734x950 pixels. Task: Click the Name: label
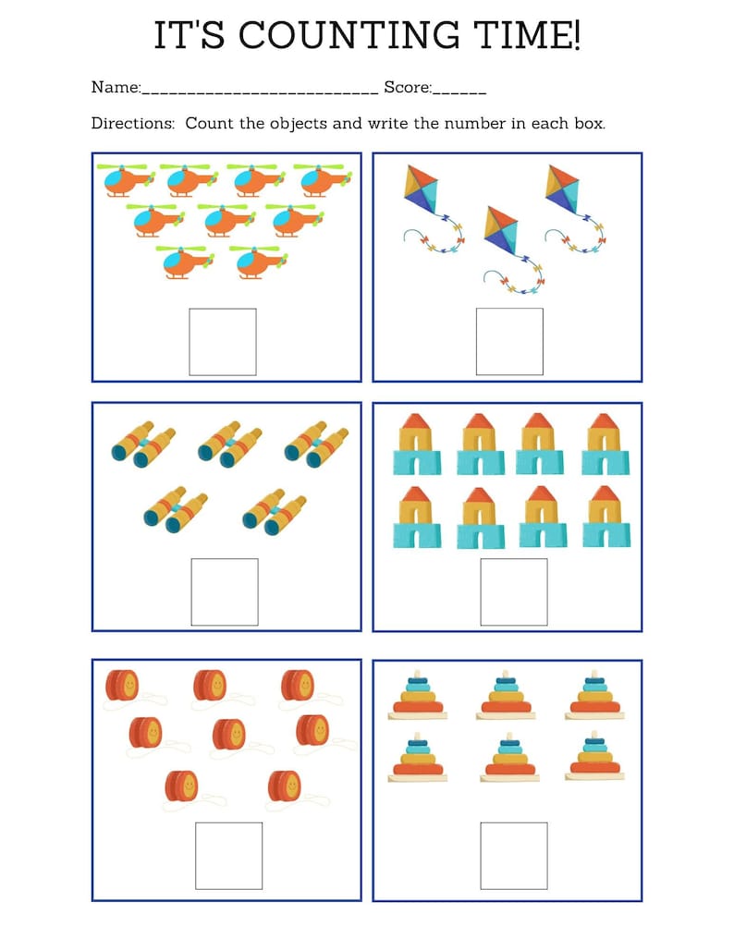pos(116,88)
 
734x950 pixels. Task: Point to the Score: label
pos(408,88)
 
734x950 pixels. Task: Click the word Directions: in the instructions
pos(133,123)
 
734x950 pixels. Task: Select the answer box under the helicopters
pos(223,342)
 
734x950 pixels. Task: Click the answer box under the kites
pos(509,342)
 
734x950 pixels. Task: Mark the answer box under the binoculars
pos(225,591)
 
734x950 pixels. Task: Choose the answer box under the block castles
pos(513,591)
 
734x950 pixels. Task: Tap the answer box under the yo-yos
pos(229,856)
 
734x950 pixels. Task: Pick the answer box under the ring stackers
pos(513,856)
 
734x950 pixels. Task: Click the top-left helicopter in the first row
pos(128,180)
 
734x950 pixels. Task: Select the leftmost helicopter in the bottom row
pos(186,262)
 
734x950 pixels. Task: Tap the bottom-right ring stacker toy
pos(594,757)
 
